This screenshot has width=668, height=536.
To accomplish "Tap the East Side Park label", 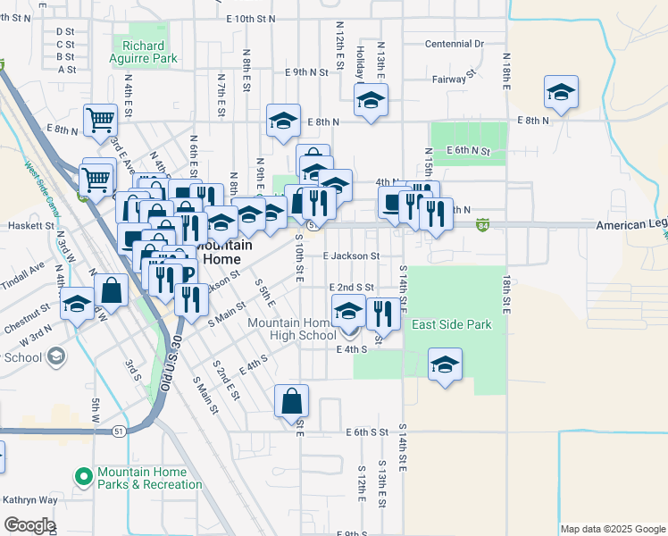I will tap(451, 325).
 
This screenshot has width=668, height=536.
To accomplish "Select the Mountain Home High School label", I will tap(292, 329).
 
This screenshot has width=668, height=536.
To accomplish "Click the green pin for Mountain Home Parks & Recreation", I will tap(85, 478).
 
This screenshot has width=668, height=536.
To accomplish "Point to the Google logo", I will tap(29, 525).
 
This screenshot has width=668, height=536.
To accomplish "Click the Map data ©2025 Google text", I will tap(612, 529).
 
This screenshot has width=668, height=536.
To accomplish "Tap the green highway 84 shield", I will tap(482, 222).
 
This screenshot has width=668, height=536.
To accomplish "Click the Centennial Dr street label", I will tap(454, 43).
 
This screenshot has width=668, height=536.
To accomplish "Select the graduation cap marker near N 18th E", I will tap(561, 93).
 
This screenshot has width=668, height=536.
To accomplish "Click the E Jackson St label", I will tap(352, 256).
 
